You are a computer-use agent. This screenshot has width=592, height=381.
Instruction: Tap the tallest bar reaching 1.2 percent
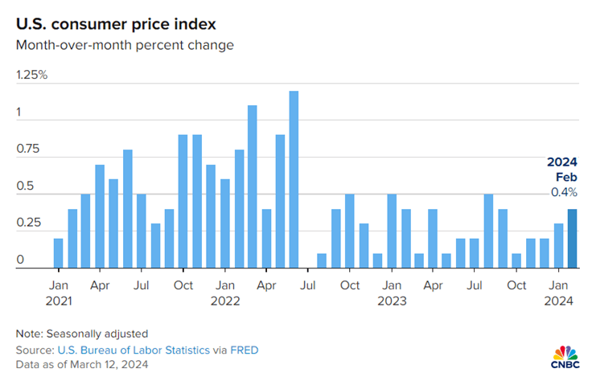click(294, 179)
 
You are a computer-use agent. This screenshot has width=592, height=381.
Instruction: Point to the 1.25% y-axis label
click(32, 75)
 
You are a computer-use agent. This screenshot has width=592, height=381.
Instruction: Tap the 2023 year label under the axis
click(391, 301)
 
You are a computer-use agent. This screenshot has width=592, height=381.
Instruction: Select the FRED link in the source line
click(245, 350)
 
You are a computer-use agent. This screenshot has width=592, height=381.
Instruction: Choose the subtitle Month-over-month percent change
click(125, 45)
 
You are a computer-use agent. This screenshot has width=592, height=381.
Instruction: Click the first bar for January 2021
click(59, 253)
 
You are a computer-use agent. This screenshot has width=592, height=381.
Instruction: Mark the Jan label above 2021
click(59, 285)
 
